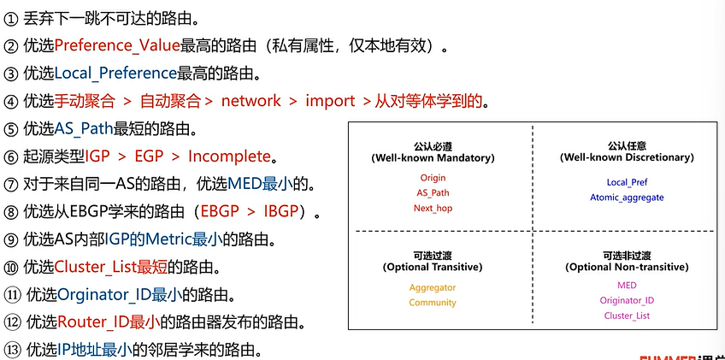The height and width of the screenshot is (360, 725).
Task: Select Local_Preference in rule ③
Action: click(x=115, y=74)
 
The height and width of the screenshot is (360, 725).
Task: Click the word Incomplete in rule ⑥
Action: click(x=229, y=156)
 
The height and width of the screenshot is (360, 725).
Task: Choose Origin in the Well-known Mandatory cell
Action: click(x=433, y=177)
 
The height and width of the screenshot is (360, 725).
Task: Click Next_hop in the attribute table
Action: click(x=433, y=208)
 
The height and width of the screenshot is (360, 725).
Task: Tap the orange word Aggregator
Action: click(x=433, y=287)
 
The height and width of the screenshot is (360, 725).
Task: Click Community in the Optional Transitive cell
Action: click(x=433, y=303)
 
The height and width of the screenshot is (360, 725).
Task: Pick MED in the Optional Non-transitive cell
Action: click(x=627, y=285)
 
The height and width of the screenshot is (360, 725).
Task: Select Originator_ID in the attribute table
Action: click(x=627, y=300)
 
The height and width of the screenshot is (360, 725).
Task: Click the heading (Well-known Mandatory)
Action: click(x=433, y=158)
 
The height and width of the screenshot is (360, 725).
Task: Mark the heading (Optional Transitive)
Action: click(x=433, y=268)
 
